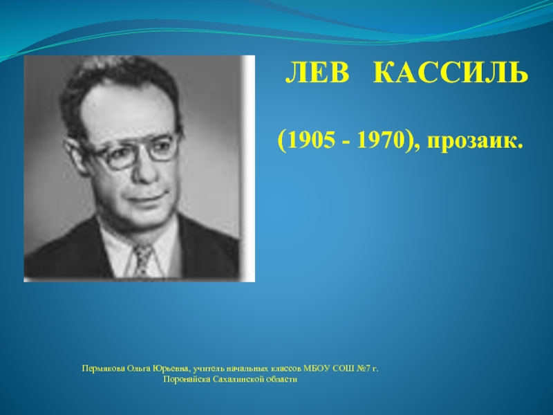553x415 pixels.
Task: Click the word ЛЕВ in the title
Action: coord(317,73)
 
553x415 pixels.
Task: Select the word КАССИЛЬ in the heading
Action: coord(451,73)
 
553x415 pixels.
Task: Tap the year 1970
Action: coord(379,141)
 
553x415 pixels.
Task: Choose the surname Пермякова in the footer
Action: coord(103,369)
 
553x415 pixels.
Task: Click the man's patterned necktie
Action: coord(142,259)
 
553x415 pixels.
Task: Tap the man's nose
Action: coord(145,172)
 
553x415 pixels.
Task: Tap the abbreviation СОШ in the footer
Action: coord(344,369)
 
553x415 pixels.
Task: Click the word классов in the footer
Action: coord(286,369)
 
